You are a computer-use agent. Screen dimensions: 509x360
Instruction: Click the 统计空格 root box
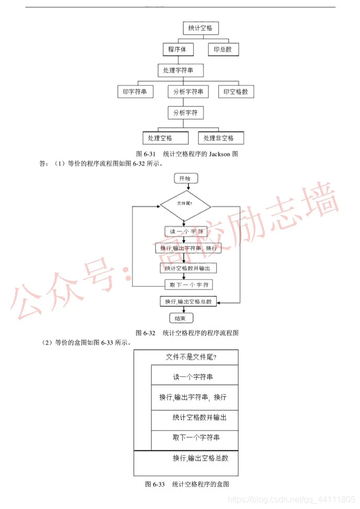click(200, 28)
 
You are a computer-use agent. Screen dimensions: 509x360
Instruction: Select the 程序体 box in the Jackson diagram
click(178, 50)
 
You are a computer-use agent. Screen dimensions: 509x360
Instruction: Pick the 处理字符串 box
click(180, 70)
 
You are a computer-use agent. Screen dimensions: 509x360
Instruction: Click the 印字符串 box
click(135, 92)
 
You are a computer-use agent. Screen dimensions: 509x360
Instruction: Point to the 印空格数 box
click(235, 92)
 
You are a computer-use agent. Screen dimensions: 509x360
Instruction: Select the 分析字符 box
click(185, 113)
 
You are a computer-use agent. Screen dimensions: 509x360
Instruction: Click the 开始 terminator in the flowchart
click(185, 179)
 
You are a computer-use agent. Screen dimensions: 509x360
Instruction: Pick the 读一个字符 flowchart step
click(187, 231)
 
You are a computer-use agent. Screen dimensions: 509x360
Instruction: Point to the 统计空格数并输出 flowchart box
click(188, 268)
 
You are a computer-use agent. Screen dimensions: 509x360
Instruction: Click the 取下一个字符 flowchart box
click(188, 285)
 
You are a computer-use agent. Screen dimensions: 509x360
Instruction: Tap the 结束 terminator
click(181, 317)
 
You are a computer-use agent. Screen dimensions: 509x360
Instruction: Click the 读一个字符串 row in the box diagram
click(193, 377)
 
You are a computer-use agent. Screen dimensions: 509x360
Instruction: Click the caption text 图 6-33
click(155, 484)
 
